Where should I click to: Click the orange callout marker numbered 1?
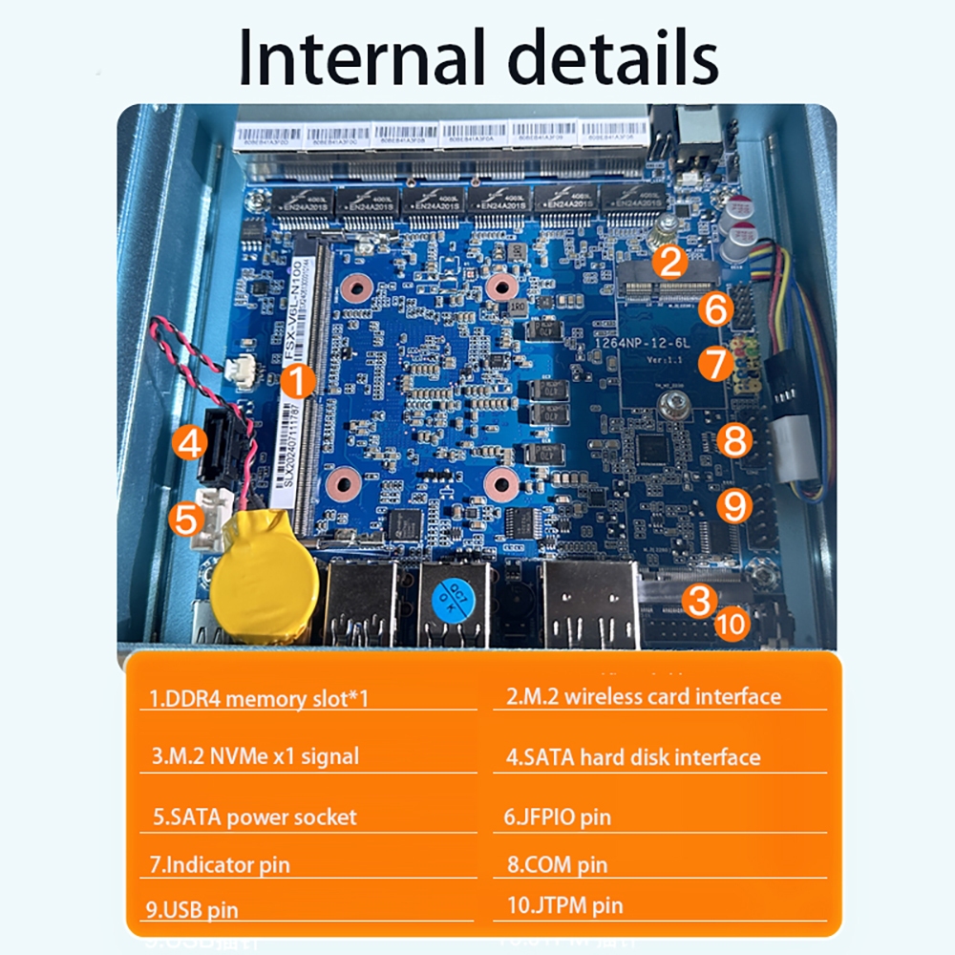299,381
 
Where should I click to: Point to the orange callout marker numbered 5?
185,519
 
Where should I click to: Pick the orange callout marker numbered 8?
733,440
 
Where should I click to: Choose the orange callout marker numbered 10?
732,624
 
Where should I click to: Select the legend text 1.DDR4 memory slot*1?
259,698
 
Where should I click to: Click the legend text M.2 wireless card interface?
643,697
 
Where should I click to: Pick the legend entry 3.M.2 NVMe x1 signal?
255,756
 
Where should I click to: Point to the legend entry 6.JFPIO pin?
558,817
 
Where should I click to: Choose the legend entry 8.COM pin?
556,865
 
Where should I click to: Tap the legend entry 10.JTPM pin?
564,905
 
